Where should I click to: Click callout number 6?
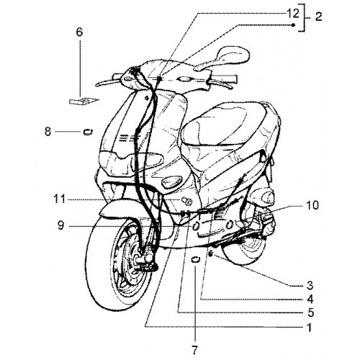click(x=79, y=32)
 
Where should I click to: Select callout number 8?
click(x=48, y=132)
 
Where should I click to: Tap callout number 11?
click(x=59, y=199)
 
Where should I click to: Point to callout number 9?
click(x=61, y=225)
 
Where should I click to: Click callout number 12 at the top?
click(x=293, y=14)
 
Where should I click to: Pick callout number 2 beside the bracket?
click(x=318, y=17)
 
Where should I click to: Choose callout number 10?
click(x=312, y=205)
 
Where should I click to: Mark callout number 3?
click(x=310, y=286)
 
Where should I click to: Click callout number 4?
click(x=310, y=299)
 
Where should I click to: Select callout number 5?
click(x=310, y=312)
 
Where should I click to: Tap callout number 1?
click(x=310, y=327)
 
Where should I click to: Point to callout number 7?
click(x=194, y=351)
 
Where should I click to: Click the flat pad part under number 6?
click(x=83, y=101)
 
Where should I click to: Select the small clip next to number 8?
click(x=88, y=132)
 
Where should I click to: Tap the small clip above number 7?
click(x=196, y=259)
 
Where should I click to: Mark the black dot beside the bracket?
click(x=293, y=25)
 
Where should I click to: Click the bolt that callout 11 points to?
click(x=186, y=201)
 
